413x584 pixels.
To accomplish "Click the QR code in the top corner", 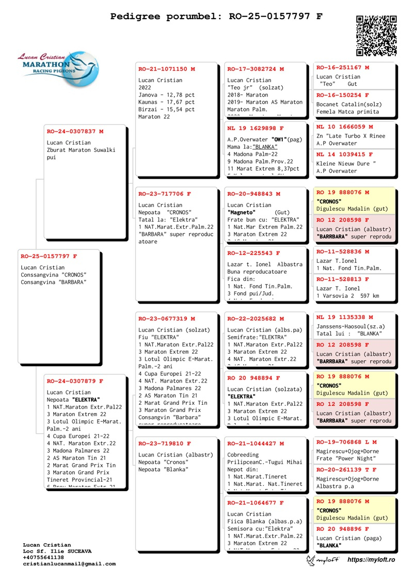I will click(x=376, y=35).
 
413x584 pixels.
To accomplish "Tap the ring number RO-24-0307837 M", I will click(x=75, y=131).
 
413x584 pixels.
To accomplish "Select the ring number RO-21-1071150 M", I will click(x=166, y=69).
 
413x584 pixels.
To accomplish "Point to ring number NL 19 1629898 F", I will click(x=256, y=128).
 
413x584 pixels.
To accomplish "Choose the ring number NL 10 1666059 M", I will click(x=344, y=127).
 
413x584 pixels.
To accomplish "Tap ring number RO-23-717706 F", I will click(x=164, y=194).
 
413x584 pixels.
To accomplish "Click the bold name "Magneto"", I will click(x=241, y=212).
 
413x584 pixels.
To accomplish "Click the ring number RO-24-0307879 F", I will click(x=75, y=381).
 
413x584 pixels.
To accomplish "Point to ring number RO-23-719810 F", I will click(x=164, y=444).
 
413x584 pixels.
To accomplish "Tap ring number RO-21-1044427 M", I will click(x=255, y=444).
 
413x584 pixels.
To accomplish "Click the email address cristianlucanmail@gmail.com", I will click(x=69, y=564).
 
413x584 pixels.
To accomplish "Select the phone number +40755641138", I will click(x=43, y=558).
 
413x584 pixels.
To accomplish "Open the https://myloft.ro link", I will click(x=371, y=560).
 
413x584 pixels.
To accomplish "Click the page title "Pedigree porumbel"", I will click(x=164, y=17).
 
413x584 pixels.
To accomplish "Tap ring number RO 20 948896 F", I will click(x=342, y=529).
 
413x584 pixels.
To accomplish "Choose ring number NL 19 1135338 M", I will click(x=344, y=317).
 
